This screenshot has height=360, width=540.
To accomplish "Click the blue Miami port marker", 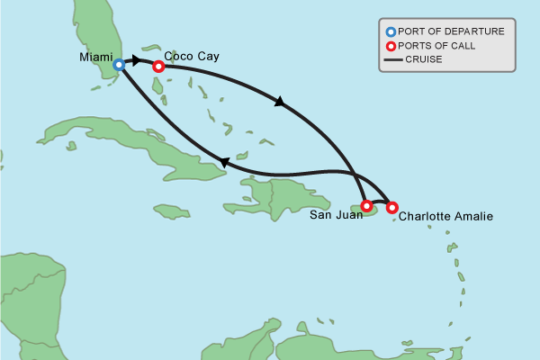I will pos(118,65).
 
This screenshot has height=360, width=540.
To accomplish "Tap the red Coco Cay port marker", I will pos(158,66).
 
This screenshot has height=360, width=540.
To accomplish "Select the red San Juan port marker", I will pos(366,205).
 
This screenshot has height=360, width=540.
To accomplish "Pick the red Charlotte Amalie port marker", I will pos(391,208).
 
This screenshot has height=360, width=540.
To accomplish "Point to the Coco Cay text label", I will pos(192,56).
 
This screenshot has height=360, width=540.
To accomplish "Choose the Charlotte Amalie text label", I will pos(445,216).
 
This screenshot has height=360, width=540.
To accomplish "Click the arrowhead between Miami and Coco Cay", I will pos(137,60).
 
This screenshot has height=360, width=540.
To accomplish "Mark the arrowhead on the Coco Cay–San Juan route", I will pos(280,103).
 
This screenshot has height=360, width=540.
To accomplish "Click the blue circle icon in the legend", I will pos(391,31).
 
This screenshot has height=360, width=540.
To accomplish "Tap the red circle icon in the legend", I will pos(391,46).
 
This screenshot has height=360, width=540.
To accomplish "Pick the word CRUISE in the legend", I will pos(425,60).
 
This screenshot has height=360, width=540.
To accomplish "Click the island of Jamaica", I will pos(171,211).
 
